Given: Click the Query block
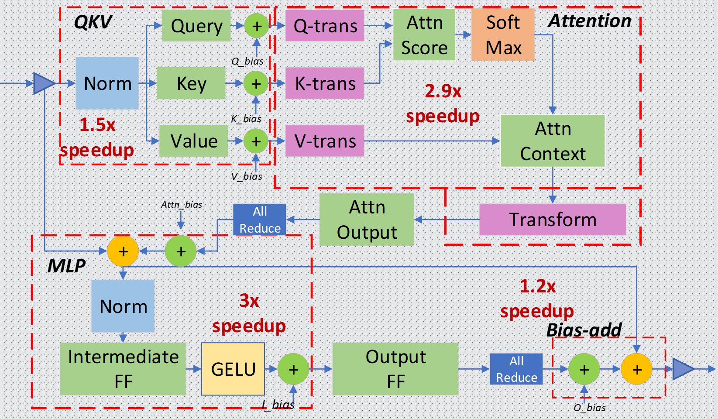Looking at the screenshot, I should point(196,26).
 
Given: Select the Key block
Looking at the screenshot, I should point(191,83).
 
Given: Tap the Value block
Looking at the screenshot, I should point(193,141).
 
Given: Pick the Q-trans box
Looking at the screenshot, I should point(325,26).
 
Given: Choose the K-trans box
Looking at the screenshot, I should point(325,83).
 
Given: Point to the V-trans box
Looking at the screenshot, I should point(325,141).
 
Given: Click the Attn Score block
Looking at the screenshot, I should point(424,35).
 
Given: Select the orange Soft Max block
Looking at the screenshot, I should point(503,35).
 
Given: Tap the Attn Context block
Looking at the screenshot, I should point(553,141).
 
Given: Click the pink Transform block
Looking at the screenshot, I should point(553,220).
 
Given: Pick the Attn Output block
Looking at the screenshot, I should point(367,220).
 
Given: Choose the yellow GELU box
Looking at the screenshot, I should point(233,369).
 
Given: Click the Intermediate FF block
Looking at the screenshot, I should point(123,369).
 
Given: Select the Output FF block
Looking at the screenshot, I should point(395,369).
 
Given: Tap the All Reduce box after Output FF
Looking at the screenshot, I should point(516,369).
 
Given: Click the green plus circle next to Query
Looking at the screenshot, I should point(257,26).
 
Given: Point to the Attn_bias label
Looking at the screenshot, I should point(182,205).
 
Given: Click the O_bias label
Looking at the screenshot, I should point(590,408).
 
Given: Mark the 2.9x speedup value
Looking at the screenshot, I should point(443,91).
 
